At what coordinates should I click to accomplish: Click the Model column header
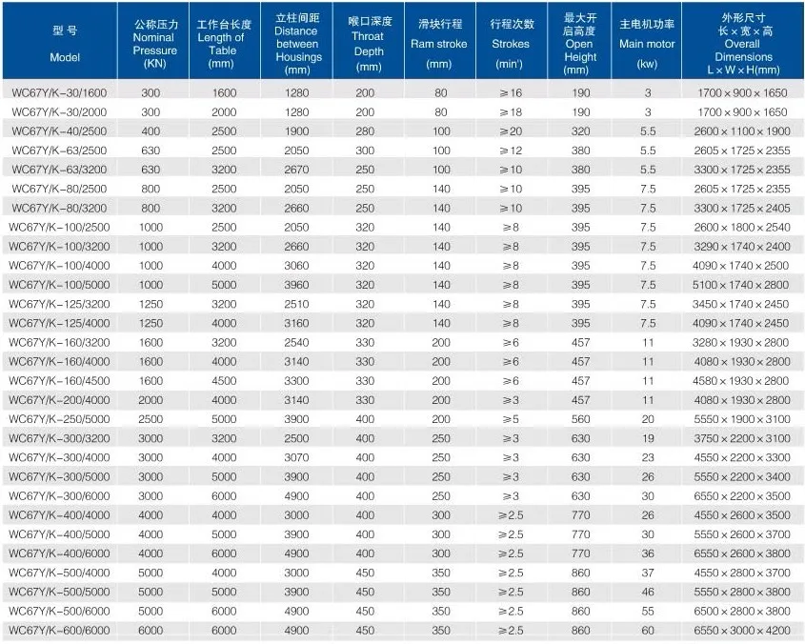(65, 44)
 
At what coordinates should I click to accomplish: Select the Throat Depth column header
(369, 44)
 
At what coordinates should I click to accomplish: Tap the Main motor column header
(647, 44)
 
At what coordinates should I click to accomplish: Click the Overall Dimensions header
(743, 44)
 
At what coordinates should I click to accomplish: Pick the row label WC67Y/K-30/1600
(59, 93)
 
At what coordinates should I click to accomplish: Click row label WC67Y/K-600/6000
(59, 630)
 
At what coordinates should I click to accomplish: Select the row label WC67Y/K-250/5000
(59, 419)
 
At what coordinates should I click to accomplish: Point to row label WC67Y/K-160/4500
(59, 380)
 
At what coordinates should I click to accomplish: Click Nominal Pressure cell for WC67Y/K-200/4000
(151, 400)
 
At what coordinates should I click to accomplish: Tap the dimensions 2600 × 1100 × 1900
(742, 131)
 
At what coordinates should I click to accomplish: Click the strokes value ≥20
(511, 131)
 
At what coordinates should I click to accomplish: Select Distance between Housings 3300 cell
(296, 380)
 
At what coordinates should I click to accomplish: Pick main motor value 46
(648, 592)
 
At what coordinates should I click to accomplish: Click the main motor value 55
(648, 611)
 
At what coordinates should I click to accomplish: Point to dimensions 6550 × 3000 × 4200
(742, 630)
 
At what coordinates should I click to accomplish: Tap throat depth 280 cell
(365, 131)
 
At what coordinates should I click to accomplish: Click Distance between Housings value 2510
(296, 304)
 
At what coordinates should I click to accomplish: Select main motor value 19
(648, 438)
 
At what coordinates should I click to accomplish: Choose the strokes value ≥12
(511, 151)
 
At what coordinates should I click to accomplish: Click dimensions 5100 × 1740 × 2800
(741, 285)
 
